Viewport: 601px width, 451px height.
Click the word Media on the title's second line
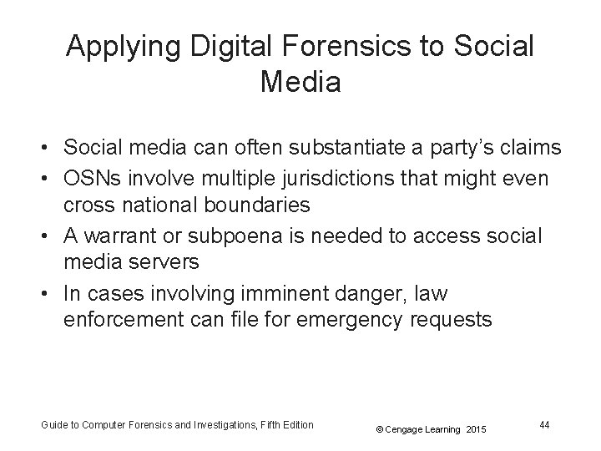click(300, 82)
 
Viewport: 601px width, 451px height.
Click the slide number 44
click(543, 425)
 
